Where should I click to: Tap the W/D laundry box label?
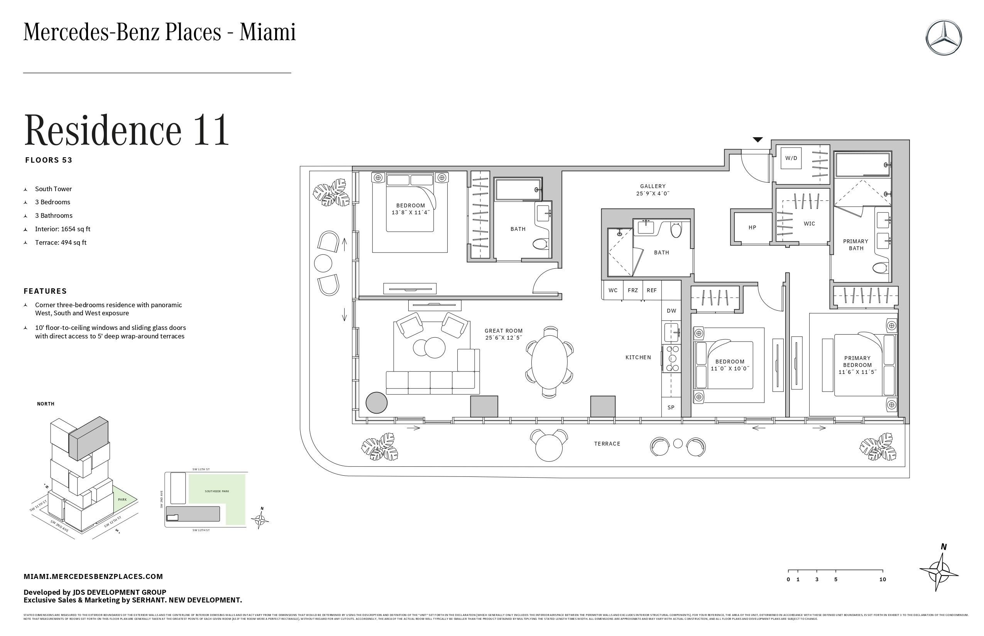791,158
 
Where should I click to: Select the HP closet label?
752,227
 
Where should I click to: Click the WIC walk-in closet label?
809,224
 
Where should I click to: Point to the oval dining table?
549,362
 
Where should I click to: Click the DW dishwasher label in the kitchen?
671,311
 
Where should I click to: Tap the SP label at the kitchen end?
671,407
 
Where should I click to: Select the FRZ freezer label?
632,290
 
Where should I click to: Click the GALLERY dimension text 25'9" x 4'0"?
653,193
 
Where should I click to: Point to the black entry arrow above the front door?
757,140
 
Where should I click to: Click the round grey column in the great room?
376,402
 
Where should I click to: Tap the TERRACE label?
607,444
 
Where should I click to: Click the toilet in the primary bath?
880,268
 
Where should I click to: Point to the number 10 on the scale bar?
882,579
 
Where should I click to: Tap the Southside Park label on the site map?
216,491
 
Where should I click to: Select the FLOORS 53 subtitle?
48,160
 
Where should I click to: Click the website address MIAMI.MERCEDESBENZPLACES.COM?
93,577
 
